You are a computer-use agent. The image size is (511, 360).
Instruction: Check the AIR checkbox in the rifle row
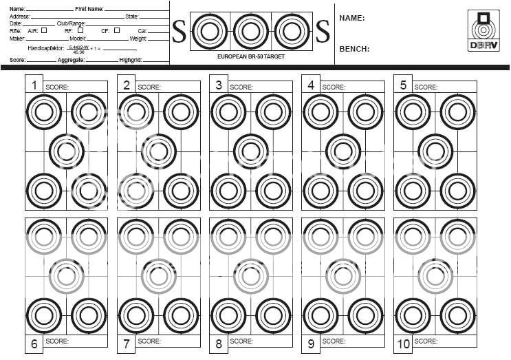click(45, 30)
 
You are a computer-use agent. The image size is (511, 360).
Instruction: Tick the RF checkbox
click(80, 30)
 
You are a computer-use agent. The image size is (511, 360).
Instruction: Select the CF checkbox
click(117, 30)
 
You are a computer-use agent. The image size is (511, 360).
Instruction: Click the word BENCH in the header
click(354, 49)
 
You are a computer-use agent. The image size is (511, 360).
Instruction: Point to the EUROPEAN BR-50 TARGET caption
click(250, 56)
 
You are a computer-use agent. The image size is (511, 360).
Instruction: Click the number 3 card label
click(218, 85)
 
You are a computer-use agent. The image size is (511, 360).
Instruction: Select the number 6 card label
click(33, 343)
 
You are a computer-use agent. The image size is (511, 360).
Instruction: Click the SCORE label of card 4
click(334, 87)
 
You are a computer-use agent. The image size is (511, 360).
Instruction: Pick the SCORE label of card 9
click(334, 341)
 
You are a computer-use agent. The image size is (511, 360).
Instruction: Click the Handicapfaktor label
click(47, 50)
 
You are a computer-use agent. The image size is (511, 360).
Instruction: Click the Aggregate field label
click(71, 61)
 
